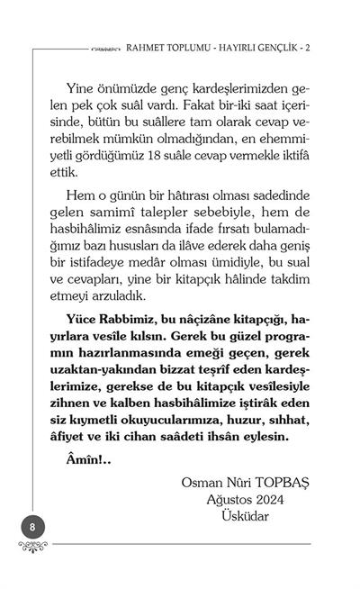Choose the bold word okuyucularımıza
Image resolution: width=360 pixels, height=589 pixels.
click(x=161, y=419)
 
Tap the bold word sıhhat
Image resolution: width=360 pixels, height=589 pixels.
click(x=289, y=419)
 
